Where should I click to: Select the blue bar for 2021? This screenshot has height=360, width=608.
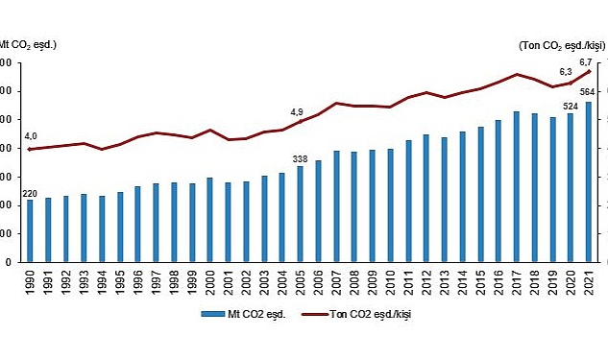coord(588,181)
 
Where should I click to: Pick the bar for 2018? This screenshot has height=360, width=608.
coord(534,187)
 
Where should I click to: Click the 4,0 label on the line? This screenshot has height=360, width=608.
coord(31,136)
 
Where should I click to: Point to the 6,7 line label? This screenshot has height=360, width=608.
coord(586,60)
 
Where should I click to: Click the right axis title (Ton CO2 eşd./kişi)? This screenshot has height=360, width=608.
coord(561,44)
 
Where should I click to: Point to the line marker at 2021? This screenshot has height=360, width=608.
coord(588,71)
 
